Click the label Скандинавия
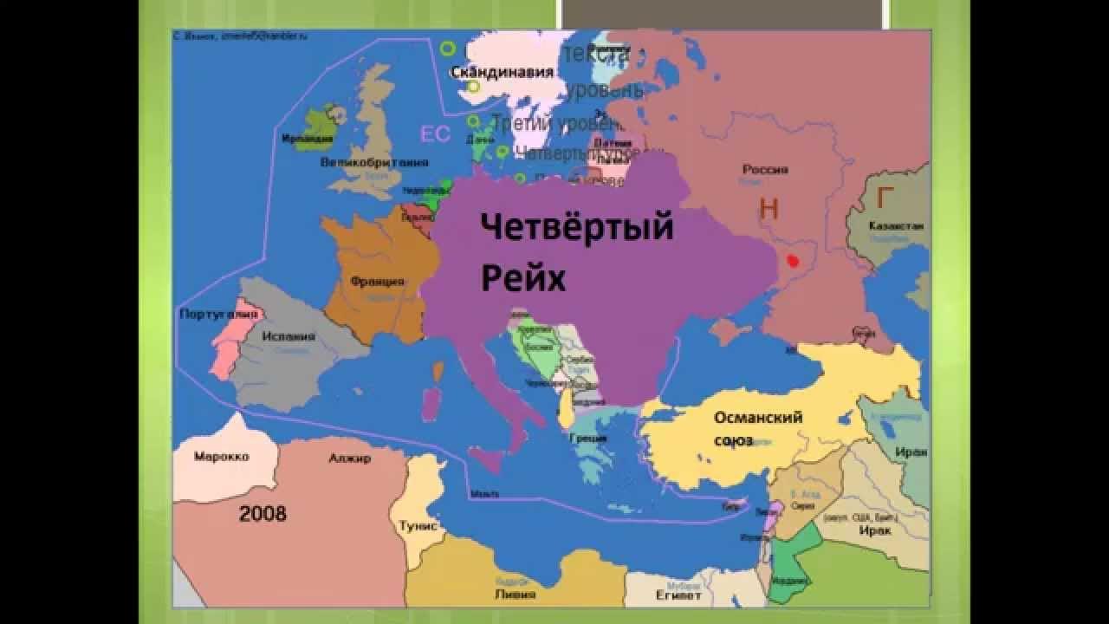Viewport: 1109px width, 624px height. click(502, 73)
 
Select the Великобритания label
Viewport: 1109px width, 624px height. click(374, 162)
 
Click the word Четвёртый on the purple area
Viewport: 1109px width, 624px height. click(576, 228)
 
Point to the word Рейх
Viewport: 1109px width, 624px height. click(522, 279)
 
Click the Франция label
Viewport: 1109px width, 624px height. click(377, 282)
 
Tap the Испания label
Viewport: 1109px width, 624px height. click(290, 336)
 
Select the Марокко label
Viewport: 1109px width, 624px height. click(222, 456)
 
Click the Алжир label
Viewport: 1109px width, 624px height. click(349, 458)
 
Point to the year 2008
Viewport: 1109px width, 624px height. click(263, 513)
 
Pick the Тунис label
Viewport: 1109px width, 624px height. click(418, 526)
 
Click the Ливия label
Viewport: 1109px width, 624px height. click(514, 595)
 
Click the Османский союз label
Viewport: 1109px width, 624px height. click(757, 428)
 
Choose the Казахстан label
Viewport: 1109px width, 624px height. click(896, 226)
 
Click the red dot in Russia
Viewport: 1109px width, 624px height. click(792, 259)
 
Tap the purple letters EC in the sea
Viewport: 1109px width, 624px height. click(435, 134)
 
